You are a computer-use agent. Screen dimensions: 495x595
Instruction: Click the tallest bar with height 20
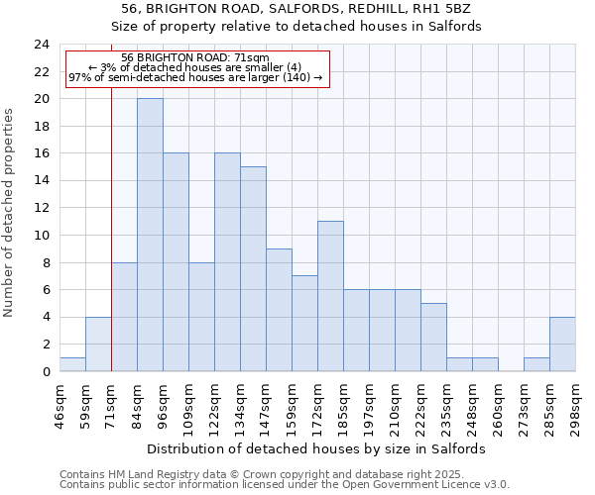tap(150, 235)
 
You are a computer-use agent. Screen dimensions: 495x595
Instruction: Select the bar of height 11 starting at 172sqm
tap(330, 296)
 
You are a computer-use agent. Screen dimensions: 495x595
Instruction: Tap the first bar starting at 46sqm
tap(72, 364)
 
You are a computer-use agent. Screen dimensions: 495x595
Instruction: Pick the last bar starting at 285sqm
tap(562, 344)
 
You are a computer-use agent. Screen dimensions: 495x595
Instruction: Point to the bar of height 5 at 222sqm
tap(433, 337)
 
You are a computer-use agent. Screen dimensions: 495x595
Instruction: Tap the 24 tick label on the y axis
tap(41, 45)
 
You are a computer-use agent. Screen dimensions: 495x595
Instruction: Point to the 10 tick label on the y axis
tap(41, 236)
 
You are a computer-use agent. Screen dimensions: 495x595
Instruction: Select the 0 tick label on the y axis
tap(45, 372)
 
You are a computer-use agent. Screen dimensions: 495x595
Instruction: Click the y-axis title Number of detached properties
tap(10, 213)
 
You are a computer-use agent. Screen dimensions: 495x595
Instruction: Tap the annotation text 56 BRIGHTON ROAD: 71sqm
tap(195, 57)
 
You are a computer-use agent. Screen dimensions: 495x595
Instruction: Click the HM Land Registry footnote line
tap(284, 474)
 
